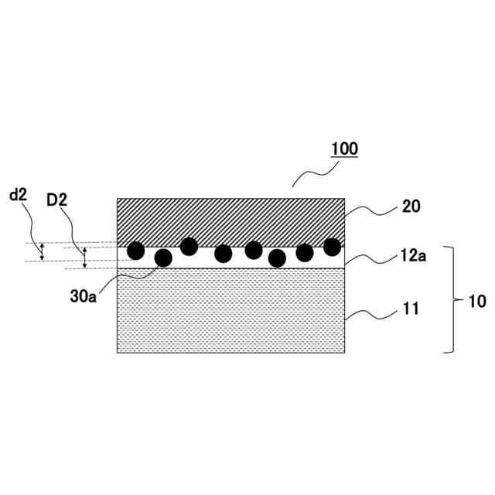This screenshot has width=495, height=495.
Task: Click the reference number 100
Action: [x=344, y=148]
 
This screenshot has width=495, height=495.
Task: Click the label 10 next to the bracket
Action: [x=478, y=301]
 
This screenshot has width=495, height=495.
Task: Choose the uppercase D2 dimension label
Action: [x=56, y=200]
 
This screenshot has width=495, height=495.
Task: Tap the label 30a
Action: [x=83, y=297]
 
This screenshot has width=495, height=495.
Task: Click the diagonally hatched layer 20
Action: [x=230, y=220]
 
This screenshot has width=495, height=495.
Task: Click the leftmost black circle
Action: [x=135, y=250]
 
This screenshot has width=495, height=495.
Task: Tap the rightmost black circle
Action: [x=332, y=247]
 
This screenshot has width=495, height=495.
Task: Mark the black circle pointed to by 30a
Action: [x=163, y=258]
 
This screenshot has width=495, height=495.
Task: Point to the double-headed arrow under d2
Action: [x=43, y=251]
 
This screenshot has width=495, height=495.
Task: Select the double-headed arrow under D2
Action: [x=85, y=258]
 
